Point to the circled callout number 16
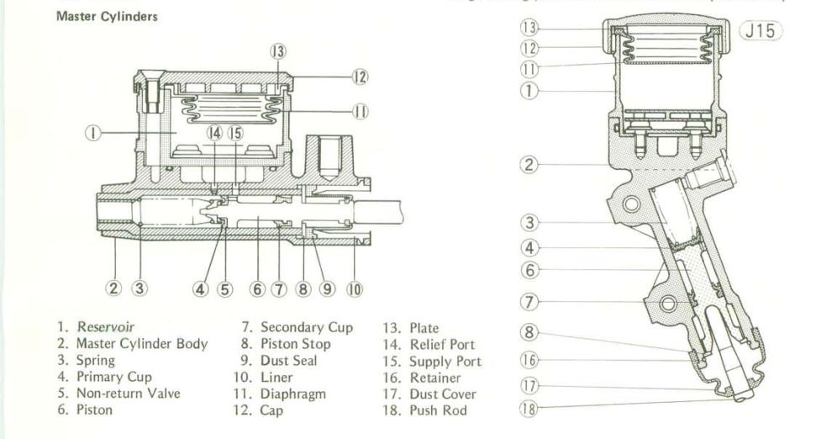coord(529,357)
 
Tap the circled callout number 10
coord(354,288)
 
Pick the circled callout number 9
coord(328,288)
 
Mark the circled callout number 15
coord(234,133)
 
